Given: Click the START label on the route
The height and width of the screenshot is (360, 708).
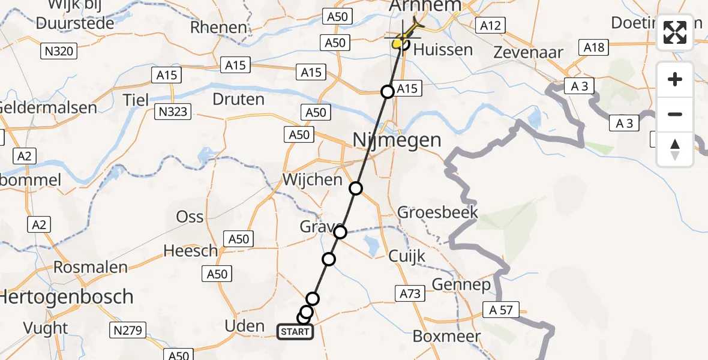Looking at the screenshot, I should tap(295, 331).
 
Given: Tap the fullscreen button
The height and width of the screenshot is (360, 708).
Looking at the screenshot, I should tap(675, 33).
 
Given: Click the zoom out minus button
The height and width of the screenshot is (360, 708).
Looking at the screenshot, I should tap(675, 114).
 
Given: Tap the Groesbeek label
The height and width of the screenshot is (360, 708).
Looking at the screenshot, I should tap(438, 212).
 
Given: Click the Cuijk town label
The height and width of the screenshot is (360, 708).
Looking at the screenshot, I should tap(407, 256).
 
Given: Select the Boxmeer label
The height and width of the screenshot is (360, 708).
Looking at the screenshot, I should tap(446, 336).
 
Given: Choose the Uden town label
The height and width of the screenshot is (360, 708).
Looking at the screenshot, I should tap(244, 326).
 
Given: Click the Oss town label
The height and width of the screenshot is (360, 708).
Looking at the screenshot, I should tap(190, 217).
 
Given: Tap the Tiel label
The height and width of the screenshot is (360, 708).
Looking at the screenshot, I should tap(137, 100).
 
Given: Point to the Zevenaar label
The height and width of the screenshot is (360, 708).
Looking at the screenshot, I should tap(528, 52).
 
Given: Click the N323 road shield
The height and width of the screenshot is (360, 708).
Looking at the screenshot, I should tap(172, 111).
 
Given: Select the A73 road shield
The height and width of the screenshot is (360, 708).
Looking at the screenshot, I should tap(410, 293).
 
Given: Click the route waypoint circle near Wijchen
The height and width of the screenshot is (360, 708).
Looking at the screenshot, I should tap(356, 188).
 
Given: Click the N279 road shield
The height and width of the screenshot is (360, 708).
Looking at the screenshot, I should tap(128, 329).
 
